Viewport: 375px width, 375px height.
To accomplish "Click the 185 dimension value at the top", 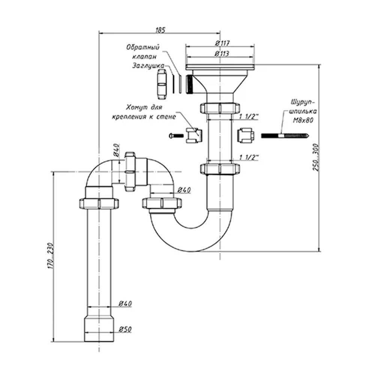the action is [160, 30].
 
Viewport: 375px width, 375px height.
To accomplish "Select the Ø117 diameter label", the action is [222, 43].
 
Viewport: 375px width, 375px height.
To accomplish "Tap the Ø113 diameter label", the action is [222, 54].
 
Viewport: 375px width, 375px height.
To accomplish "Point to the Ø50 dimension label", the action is [125, 329].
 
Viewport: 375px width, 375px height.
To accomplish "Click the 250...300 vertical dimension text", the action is [316, 157].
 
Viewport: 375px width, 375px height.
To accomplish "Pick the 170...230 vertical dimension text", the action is [50, 256].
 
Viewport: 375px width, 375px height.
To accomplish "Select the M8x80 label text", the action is [303, 120].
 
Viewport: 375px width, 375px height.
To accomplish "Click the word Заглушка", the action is [148, 66].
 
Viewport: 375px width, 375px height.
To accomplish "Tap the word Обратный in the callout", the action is [143, 47].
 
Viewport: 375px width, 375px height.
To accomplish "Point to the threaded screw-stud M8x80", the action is [285, 136].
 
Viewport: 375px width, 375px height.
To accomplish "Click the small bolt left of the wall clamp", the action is [176, 136].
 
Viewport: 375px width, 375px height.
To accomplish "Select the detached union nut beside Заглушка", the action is [162, 84].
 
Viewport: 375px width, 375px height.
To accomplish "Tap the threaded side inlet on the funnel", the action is [189, 84].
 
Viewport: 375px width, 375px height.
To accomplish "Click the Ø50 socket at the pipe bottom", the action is [99, 328].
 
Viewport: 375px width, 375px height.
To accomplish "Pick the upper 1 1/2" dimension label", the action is [249, 117].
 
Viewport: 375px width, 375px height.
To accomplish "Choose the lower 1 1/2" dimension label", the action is [249, 157].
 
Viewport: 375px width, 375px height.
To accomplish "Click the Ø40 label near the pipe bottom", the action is [125, 303].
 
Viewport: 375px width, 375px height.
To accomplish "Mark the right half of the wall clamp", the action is [246, 136].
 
